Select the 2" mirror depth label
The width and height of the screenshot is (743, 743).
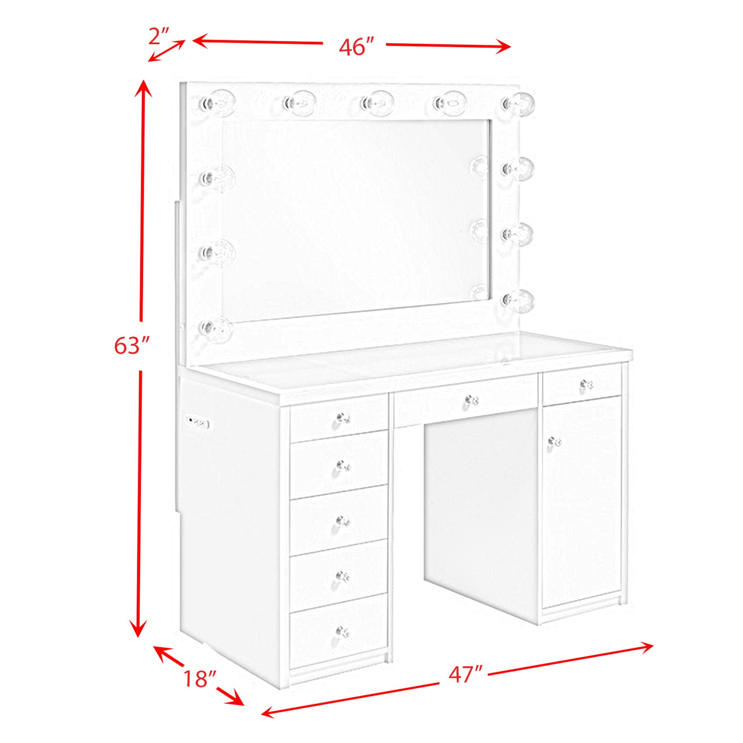pos(159,36)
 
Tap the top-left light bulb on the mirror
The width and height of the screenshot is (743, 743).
pos(217,102)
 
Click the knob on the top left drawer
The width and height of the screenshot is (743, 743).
pos(343,418)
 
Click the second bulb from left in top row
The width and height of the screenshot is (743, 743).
pos(299,103)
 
